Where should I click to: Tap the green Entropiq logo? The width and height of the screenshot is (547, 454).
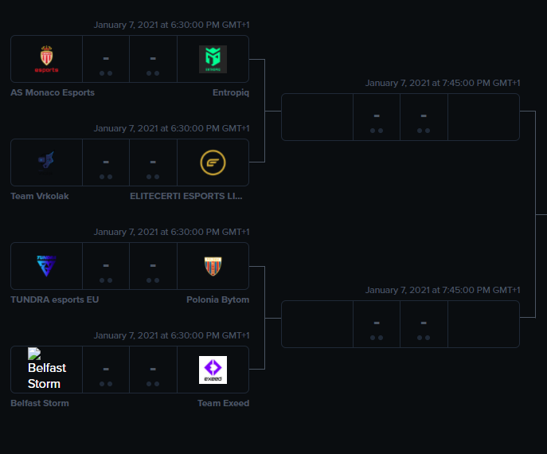(213, 59)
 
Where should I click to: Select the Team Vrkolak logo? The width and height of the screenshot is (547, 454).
(46, 162)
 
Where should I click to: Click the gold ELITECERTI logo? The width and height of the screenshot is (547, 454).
(213, 162)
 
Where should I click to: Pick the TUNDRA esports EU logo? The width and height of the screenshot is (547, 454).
(46, 266)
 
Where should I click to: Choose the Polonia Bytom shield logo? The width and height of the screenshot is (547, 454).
(213, 266)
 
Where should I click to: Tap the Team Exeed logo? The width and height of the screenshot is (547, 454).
(213, 370)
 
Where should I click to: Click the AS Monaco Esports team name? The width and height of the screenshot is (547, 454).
(53, 92)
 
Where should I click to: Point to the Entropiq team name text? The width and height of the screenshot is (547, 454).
(231, 92)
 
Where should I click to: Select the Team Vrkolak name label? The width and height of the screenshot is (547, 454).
(40, 196)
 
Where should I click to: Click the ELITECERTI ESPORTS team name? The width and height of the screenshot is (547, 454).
(186, 196)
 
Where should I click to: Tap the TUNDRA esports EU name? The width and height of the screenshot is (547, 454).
(55, 299)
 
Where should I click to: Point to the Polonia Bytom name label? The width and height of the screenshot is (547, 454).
(217, 299)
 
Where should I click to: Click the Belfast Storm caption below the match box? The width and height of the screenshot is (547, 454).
(40, 403)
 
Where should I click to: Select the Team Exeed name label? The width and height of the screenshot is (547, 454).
(223, 403)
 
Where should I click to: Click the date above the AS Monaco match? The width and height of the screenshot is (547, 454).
(171, 25)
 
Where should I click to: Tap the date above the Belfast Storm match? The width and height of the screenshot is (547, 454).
(171, 335)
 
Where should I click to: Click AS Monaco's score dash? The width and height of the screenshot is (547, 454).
(106, 58)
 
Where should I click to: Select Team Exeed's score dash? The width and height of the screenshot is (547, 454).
(153, 369)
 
